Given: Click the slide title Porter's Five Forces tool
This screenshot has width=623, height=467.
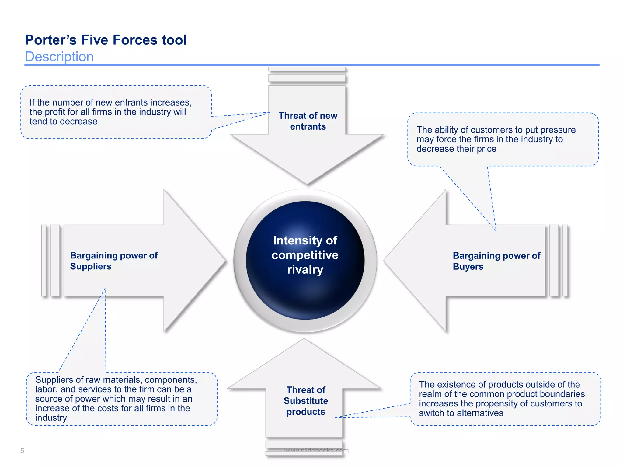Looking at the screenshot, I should click(x=106, y=40).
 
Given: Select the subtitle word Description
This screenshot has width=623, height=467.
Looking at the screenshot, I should click(x=59, y=57).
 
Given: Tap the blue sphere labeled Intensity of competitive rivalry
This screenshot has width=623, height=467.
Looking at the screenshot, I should click(x=305, y=260).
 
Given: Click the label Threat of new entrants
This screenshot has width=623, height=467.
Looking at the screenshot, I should click(x=308, y=121).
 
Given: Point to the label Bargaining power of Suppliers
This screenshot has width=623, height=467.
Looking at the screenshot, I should click(x=114, y=261).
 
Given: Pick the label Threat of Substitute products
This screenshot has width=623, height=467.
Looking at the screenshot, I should click(x=306, y=401).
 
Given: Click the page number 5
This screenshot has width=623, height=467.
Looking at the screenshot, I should click(x=22, y=451).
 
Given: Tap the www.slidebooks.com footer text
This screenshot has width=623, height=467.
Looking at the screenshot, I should click(x=316, y=450).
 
